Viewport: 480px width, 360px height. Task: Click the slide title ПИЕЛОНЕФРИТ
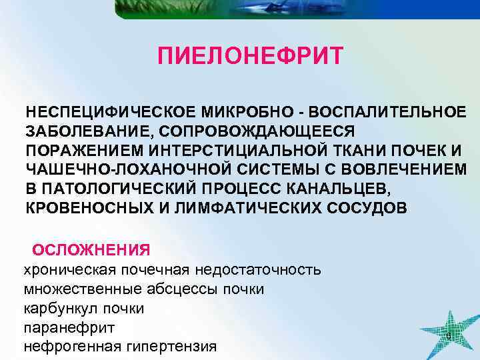pos(251,56)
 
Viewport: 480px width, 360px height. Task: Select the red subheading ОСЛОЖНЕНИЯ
pos(91,250)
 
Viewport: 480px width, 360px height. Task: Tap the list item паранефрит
pos(69,328)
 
